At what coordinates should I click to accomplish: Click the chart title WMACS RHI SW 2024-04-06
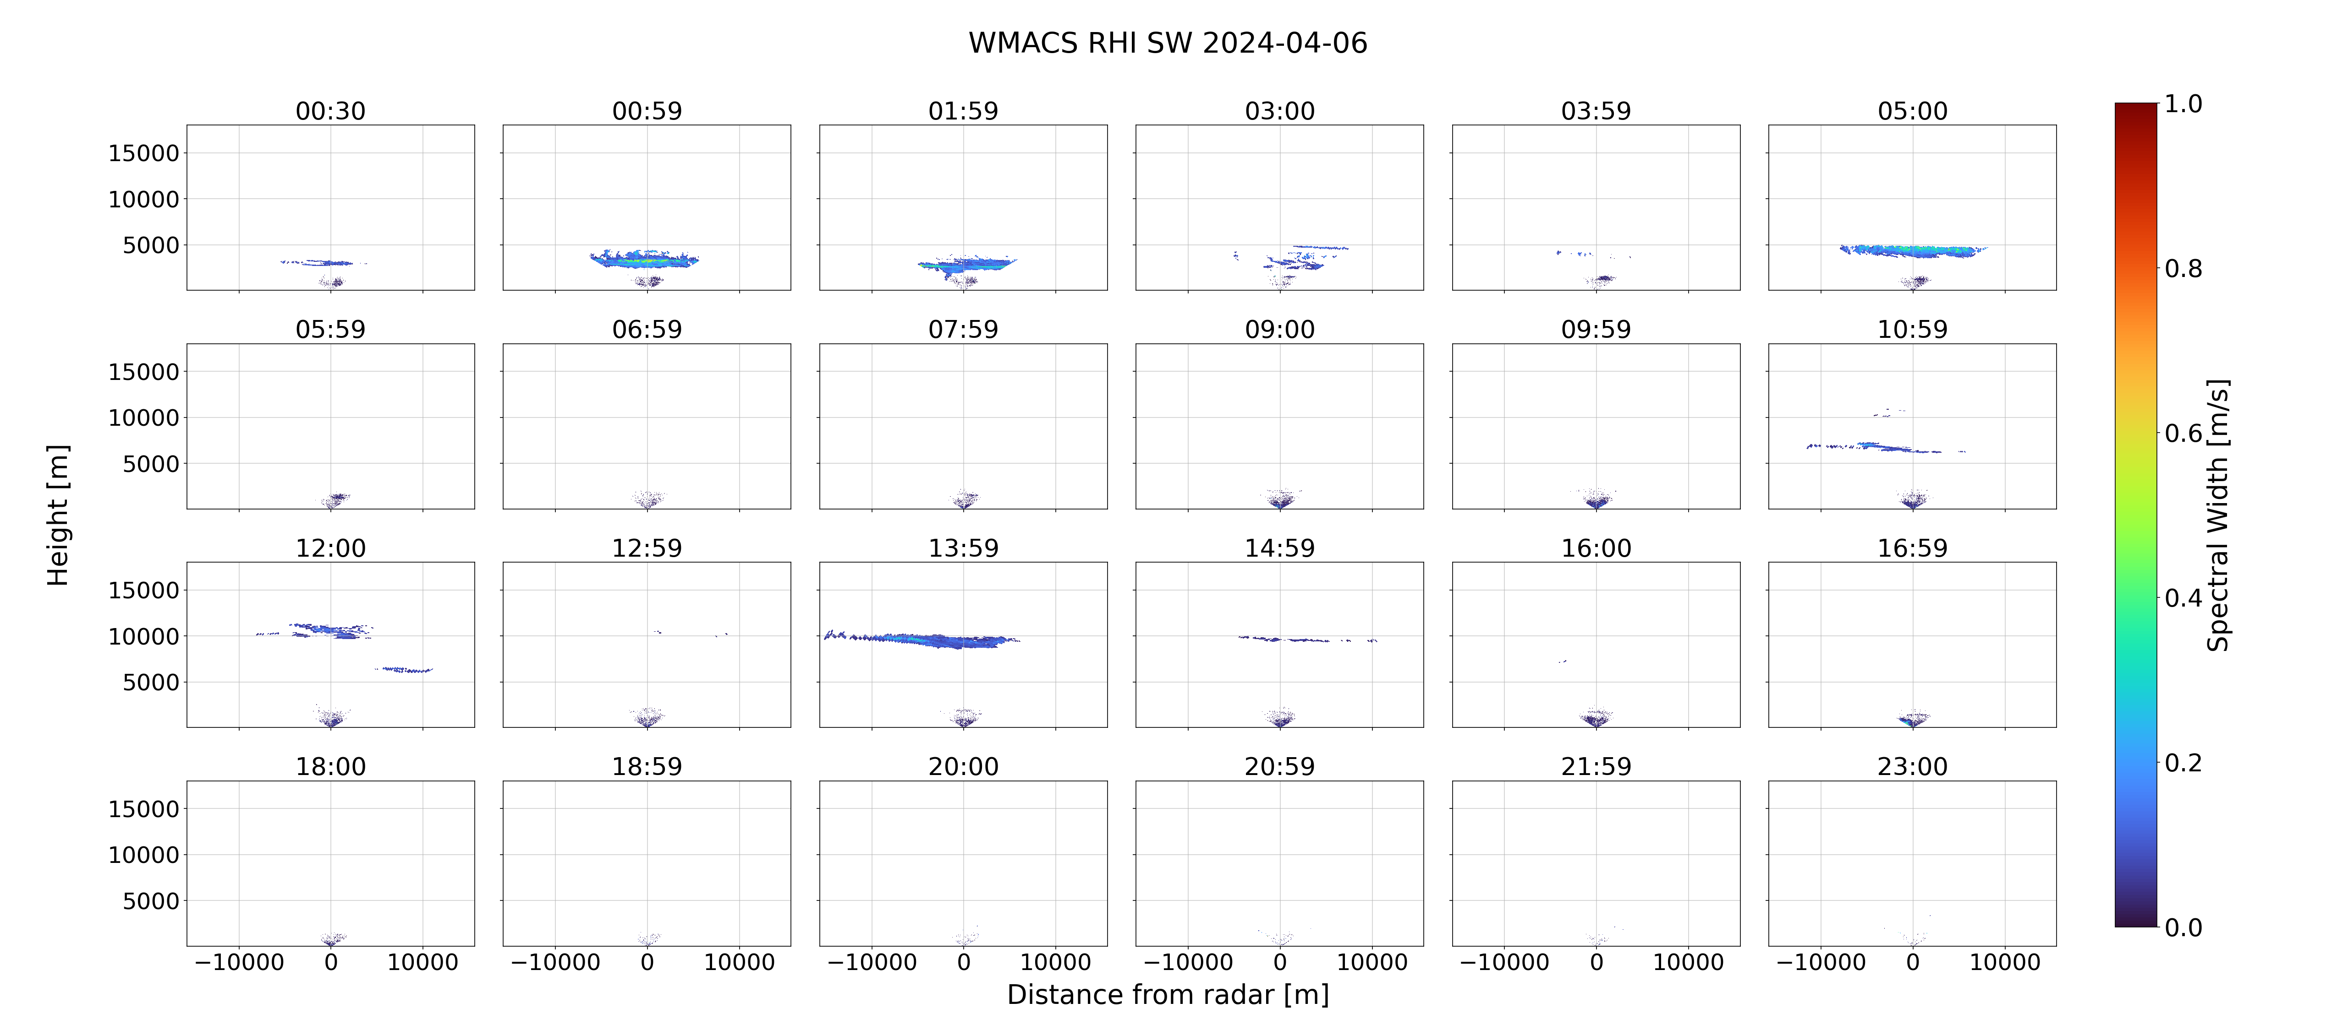1168,43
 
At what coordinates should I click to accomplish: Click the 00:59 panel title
647,111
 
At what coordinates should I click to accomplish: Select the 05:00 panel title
1912,111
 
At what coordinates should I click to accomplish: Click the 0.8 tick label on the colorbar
2183,268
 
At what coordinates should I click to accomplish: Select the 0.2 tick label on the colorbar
2183,763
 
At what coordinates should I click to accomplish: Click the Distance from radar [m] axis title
1168,995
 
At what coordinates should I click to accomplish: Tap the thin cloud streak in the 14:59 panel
1307,639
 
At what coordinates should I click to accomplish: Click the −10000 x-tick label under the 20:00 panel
872,962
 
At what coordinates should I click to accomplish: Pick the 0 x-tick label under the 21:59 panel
1596,962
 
